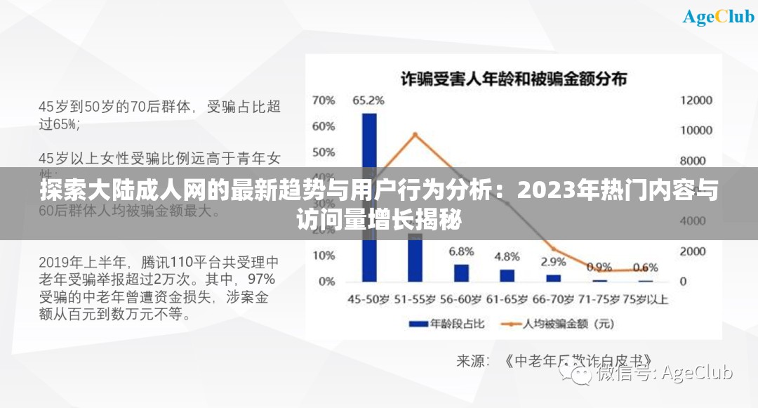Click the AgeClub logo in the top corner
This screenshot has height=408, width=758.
(x=718, y=17)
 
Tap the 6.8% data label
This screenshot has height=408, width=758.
(x=461, y=251)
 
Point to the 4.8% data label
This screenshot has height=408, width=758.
(x=507, y=256)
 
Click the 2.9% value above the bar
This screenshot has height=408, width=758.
(x=553, y=262)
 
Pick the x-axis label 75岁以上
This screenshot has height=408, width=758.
(x=645, y=299)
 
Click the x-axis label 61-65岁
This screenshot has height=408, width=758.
(x=507, y=299)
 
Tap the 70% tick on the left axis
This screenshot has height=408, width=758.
(x=324, y=100)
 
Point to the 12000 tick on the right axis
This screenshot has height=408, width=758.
(x=696, y=100)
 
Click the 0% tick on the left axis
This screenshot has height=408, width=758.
(x=326, y=282)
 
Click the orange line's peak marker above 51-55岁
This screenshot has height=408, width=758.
(x=415, y=134)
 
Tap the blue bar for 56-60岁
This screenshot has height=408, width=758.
(x=461, y=272)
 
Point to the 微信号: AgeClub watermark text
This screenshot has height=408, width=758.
(x=663, y=373)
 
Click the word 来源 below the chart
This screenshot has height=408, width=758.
(x=473, y=361)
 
